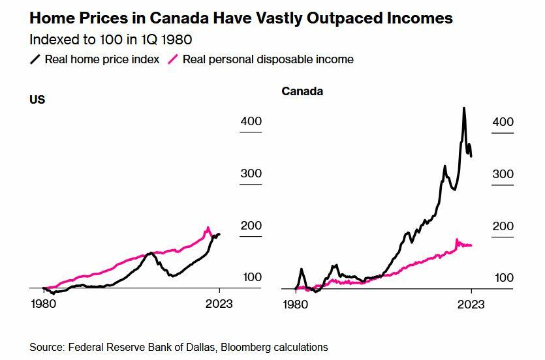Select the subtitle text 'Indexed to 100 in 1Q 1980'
tap(110, 39)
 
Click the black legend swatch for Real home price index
tap(35, 59)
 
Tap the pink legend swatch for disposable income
tap(174, 59)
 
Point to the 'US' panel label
tap(37, 100)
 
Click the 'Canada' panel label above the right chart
tap(302, 91)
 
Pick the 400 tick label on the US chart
tap(251, 121)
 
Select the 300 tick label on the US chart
tap(251, 173)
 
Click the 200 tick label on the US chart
tap(251, 226)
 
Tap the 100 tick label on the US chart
tap(252, 277)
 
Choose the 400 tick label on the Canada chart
tap(503, 122)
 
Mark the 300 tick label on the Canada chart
tap(503, 174)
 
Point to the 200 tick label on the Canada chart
tap(503, 226)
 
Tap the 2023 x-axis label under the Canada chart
tap(471, 305)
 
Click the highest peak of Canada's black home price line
tap(464, 108)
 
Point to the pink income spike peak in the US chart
tap(208, 228)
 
